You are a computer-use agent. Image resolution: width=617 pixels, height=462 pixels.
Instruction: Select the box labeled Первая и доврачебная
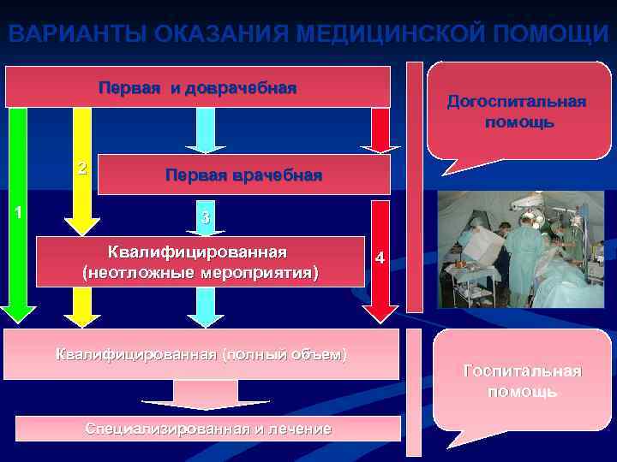[198, 87]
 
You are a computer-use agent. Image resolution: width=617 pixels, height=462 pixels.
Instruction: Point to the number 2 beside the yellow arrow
[81, 167]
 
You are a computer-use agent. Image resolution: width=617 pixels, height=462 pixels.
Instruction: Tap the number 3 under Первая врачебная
[205, 218]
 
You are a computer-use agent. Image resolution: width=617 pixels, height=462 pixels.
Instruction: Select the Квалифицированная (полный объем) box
[201, 353]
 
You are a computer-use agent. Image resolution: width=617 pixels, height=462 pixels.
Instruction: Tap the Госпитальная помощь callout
[522, 381]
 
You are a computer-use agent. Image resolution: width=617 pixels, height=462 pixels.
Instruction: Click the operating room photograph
[520, 250]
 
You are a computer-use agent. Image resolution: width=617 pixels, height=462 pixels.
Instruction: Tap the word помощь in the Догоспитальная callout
[518, 122]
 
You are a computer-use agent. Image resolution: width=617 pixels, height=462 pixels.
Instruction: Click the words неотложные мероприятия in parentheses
[199, 273]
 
